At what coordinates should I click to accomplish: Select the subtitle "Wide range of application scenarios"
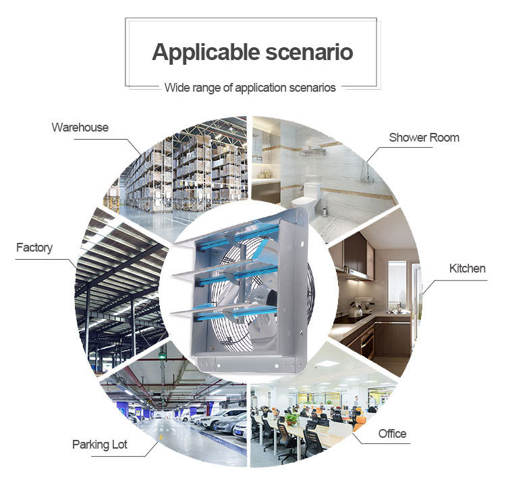point(250,88)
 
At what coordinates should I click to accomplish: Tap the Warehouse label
point(80,127)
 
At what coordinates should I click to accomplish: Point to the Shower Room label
point(424,138)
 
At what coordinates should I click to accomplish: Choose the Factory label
point(34,248)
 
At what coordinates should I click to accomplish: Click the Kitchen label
point(467,268)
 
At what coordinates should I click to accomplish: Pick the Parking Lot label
point(99,445)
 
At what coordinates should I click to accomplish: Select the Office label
point(392,433)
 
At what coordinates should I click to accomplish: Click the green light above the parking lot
point(162,356)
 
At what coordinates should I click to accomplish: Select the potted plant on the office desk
point(291,418)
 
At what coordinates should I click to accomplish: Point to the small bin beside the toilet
point(324,210)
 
